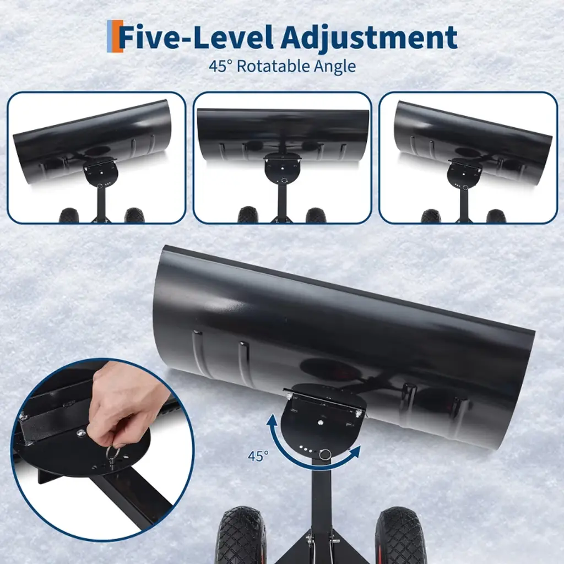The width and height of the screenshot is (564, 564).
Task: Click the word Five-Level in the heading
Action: tap(197, 37)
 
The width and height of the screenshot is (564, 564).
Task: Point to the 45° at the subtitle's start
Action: tap(220, 67)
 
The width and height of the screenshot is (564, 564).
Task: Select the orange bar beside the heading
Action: tap(117, 36)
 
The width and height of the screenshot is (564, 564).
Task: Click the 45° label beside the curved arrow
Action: tap(258, 456)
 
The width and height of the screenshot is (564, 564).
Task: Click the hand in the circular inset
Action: tap(119, 406)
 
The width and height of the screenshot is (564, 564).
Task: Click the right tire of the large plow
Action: tap(400, 535)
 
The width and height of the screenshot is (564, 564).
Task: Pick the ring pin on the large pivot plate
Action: tap(325, 454)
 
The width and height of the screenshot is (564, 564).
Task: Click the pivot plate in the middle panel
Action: tap(283, 169)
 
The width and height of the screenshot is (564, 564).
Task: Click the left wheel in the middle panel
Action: tap(248, 215)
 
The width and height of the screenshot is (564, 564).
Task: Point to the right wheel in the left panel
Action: tap(134, 215)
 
